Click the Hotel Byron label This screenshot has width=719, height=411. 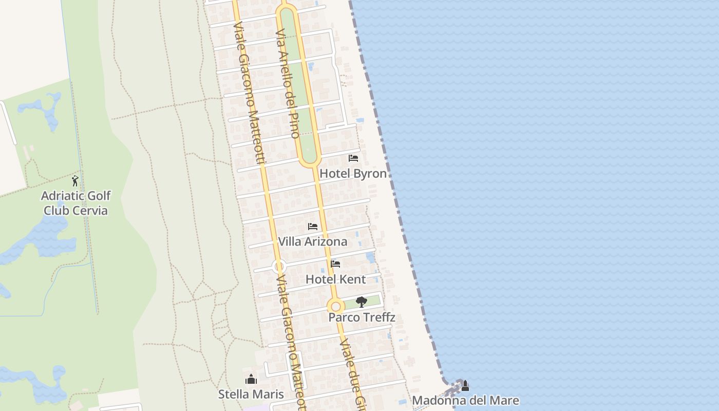point(353,174)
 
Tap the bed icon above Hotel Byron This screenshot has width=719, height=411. point(353,158)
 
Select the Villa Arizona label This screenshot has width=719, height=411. point(312,241)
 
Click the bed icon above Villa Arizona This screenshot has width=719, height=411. point(312,227)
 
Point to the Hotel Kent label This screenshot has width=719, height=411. point(335,279)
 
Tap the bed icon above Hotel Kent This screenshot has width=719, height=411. point(335,264)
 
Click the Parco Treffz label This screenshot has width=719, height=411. point(362,317)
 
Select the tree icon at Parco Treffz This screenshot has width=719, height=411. point(362,302)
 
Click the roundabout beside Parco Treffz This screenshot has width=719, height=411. point(336,307)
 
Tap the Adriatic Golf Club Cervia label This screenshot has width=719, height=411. point(75,203)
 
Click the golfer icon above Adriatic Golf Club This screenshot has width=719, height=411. point(75,181)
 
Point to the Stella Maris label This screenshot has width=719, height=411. point(251,395)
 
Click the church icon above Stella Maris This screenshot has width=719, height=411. point(251,380)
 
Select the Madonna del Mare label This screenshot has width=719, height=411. point(465,401)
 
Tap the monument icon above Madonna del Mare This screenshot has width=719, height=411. point(465,385)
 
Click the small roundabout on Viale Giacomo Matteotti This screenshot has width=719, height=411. point(279,267)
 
